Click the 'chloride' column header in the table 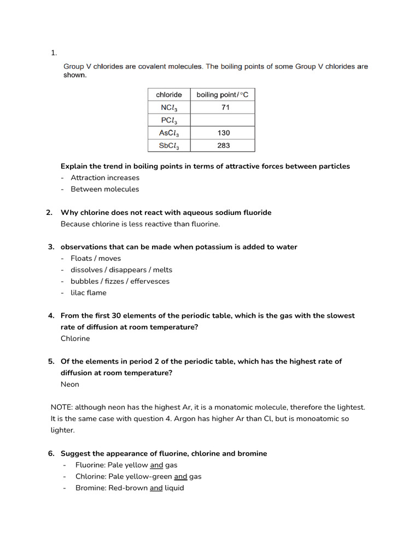pyautogui.click(x=169, y=95)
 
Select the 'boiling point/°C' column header pyautogui.click(x=222, y=95)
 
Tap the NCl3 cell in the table pyautogui.click(x=169, y=108)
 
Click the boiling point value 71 pyautogui.click(x=225, y=107)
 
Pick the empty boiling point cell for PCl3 pyautogui.click(x=222, y=120)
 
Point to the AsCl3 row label pyautogui.click(x=169, y=133)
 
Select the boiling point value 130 pyautogui.click(x=223, y=133)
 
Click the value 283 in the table pyautogui.click(x=223, y=145)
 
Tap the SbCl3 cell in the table pyautogui.click(x=169, y=146)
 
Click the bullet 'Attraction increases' pyautogui.click(x=105, y=178)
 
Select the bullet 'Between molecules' pyautogui.click(x=105, y=189)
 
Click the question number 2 pyautogui.click(x=49, y=212)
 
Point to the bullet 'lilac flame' pyautogui.click(x=89, y=293)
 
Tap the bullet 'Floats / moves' pyautogui.click(x=96, y=258)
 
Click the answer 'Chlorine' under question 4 pyautogui.click(x=75, y=339)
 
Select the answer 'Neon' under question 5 pyautogui.click(x=70, y=384)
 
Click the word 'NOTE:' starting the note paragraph pyautogui.click(x=61, y=407)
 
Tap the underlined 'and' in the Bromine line pyautogui.click(x=156, y=488)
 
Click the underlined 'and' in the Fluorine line pyautogui.click(x=156, y=465)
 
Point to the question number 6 pyautogui.click(x=51, y=453)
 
